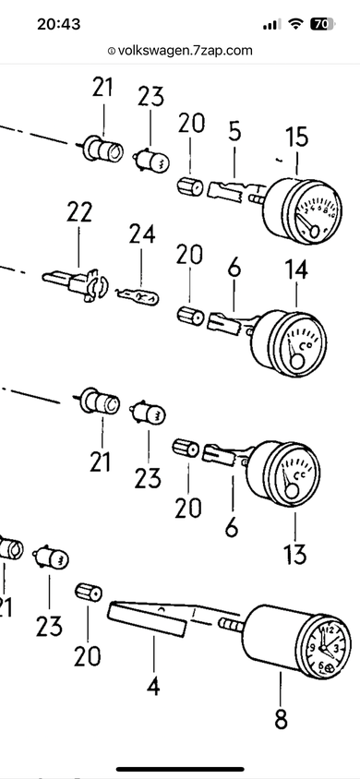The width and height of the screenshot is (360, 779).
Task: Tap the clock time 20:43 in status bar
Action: click(x=58, y=24)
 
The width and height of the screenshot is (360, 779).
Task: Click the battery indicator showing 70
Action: click(x=323, y=24)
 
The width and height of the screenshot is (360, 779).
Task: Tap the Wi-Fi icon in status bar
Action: click(x=296, y=24)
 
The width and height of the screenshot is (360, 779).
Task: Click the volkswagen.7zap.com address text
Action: click(x=186, y=50)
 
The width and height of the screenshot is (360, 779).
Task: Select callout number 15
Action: click(x=297, y=138)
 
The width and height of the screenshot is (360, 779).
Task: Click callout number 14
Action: click(x=296, y=269)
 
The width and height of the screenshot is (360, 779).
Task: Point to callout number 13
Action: click(x=295, y=554)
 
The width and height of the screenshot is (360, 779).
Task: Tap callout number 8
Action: click(x=281, y=719)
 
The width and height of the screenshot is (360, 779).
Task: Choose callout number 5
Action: click(x=234, y=131)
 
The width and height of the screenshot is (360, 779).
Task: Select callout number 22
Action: click(x=79, y=213)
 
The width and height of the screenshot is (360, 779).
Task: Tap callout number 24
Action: click(x=142, y=234)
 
